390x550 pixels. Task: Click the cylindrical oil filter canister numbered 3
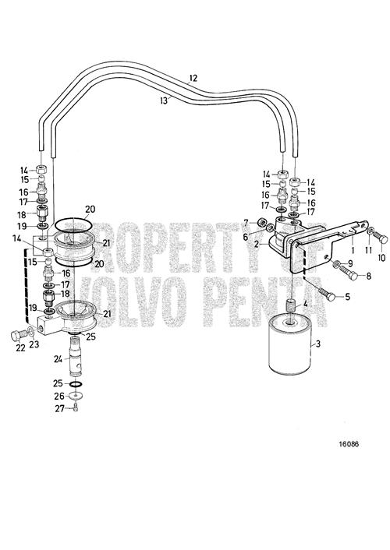point(289,346)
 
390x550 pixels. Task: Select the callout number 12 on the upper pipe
point(193,78)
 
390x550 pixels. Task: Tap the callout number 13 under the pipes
point(163,100)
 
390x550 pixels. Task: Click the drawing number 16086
point(349,444)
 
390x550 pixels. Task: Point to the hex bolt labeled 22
point(18,335)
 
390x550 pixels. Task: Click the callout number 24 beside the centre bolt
point(58,359)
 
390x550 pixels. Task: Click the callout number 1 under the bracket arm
point(353,251)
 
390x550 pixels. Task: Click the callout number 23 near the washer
point(34,344)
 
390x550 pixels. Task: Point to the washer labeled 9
point(336,263)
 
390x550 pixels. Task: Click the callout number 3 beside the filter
point(318,344)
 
